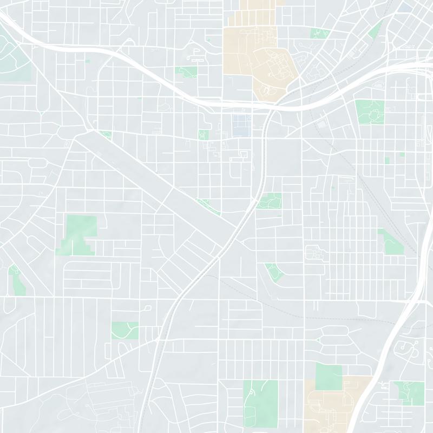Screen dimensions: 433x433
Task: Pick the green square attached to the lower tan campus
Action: pos(329,376)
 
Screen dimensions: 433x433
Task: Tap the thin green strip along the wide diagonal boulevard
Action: pos(209,206)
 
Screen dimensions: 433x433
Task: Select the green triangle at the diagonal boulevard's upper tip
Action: pos(106,135)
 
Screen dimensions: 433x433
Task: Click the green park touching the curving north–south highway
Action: pos(269,201)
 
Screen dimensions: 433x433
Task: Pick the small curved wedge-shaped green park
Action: pos(273,271)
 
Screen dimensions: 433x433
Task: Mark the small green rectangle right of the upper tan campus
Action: pos(319,34)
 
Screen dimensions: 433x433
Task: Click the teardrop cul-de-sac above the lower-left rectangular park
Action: pos(147,308)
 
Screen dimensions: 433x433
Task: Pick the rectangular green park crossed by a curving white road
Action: pos(125,330)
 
